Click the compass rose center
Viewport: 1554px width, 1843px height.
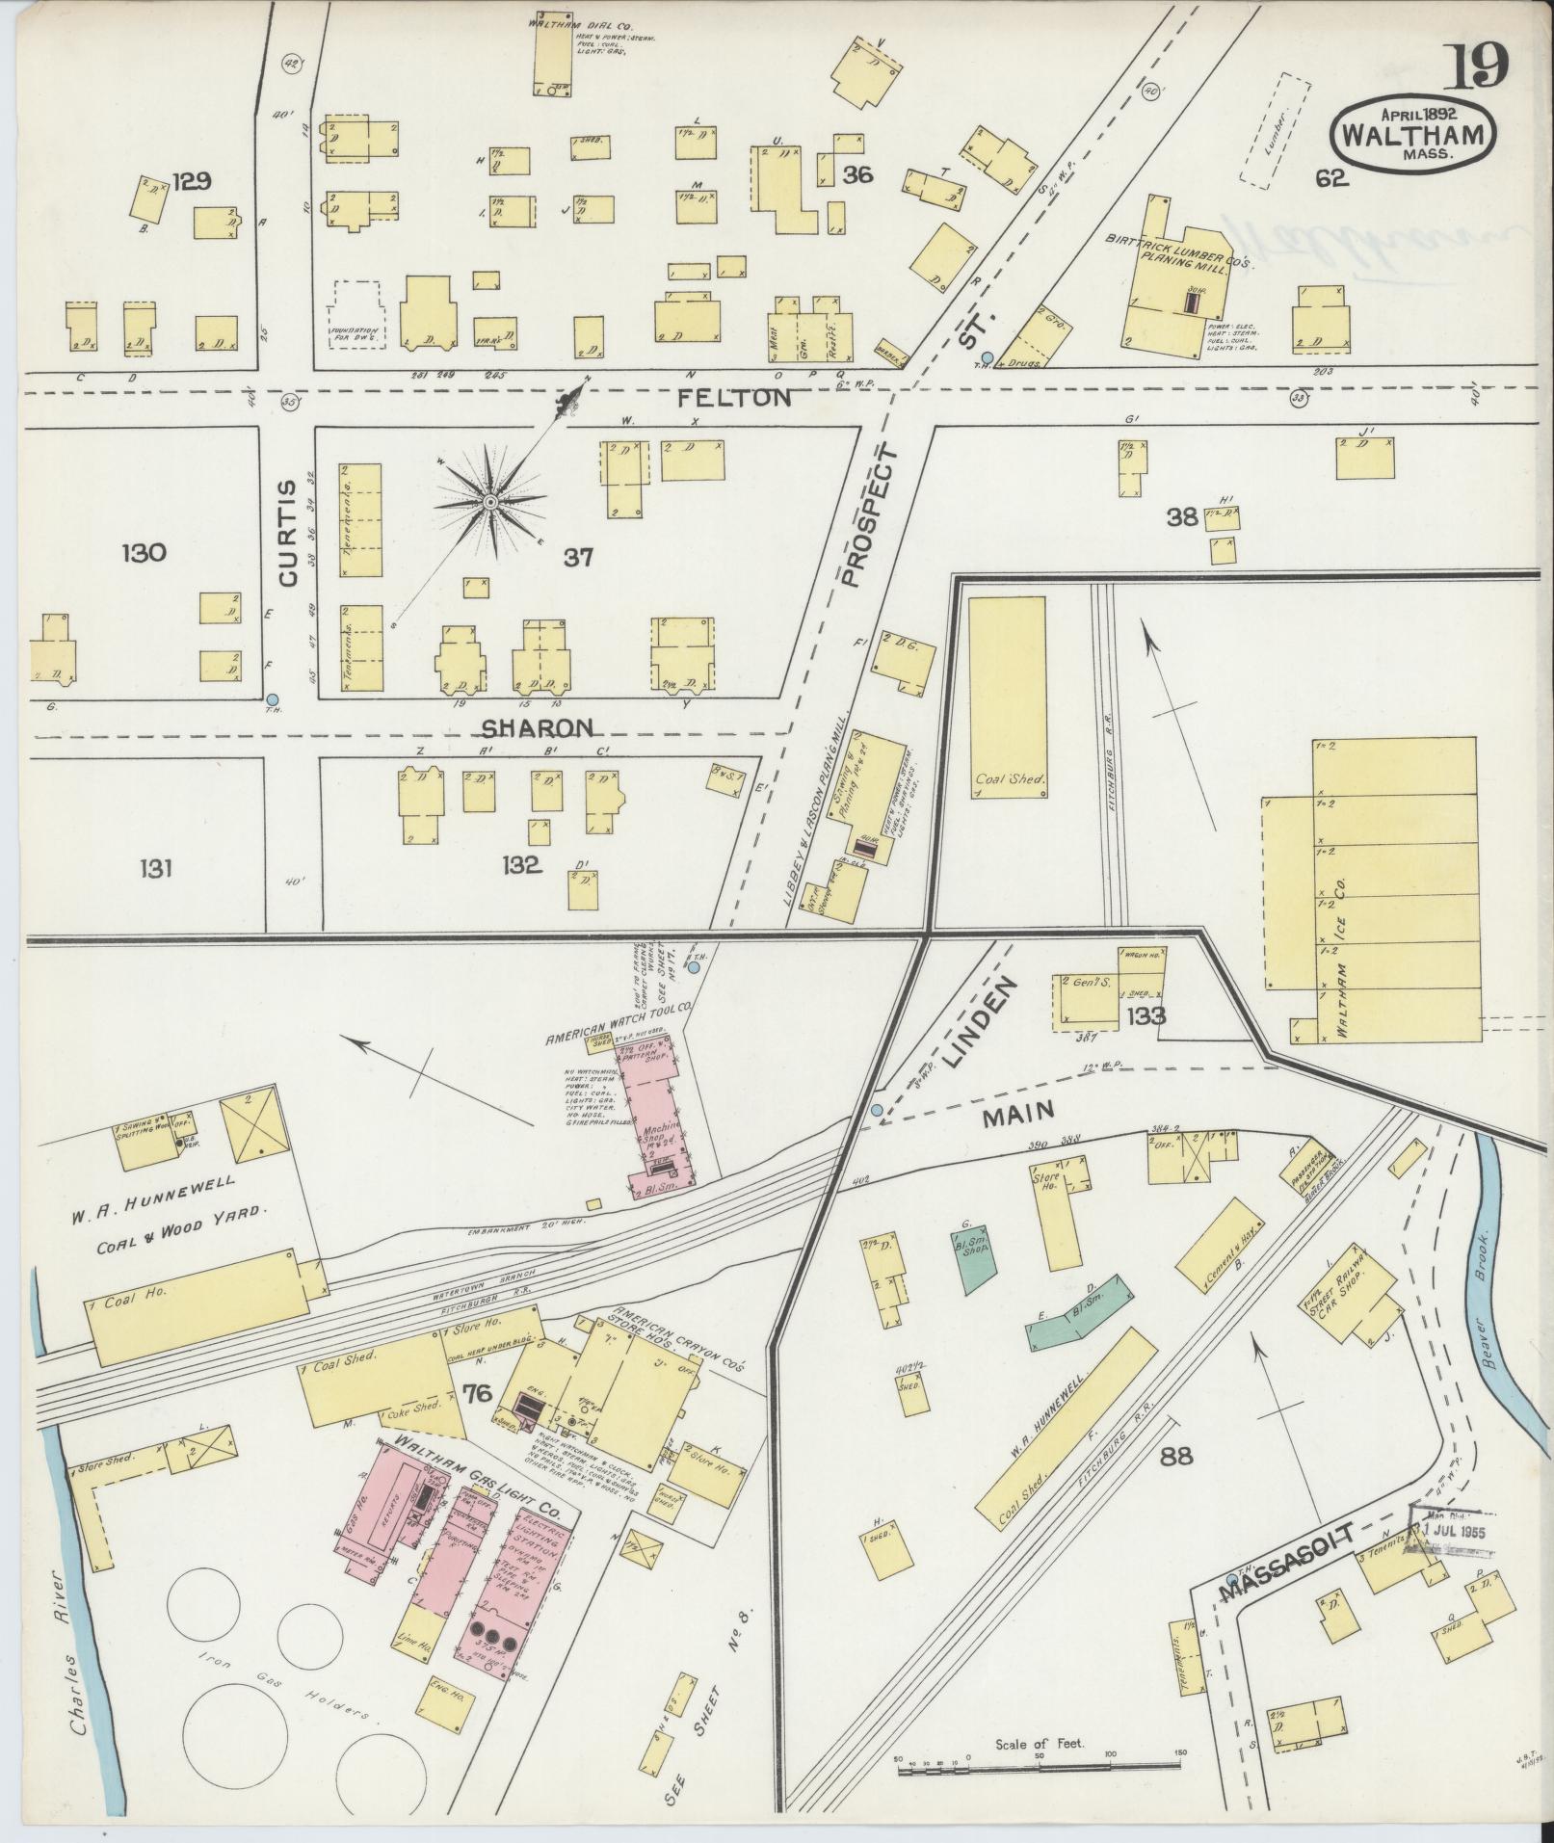point(489,503)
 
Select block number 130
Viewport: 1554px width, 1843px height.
point(145,553)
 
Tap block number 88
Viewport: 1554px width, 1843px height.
point(1177,1456)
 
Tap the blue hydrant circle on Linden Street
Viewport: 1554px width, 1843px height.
point(876,1111)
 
